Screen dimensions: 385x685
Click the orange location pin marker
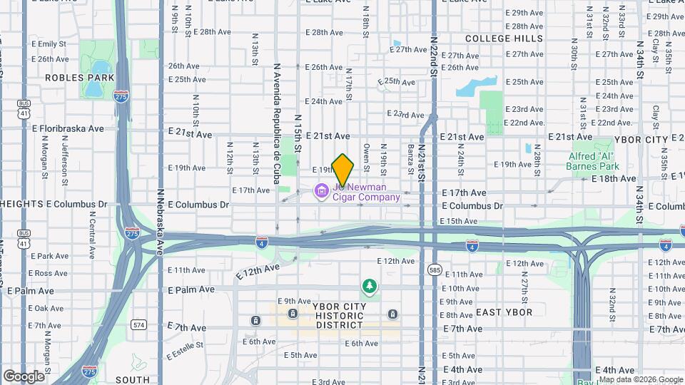(343, 169)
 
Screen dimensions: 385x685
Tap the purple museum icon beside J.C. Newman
(321, 190)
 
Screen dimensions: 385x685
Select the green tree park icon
(369, 286)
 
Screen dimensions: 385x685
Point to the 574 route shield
(138, 324)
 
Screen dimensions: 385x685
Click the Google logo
(24, 376)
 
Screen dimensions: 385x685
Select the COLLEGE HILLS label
(504, 38)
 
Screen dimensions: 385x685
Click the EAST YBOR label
(504, 312)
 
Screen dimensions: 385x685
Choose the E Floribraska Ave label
(68, 128)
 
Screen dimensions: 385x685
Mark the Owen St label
(366, 158)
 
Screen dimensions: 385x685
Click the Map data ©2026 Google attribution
(641, 379)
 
